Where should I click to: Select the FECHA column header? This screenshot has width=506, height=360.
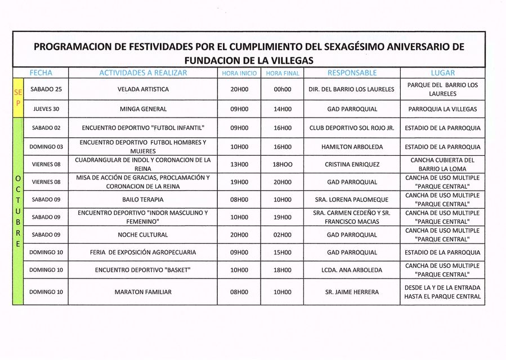click(x=41, y=73)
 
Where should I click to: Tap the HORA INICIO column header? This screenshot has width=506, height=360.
click(x=239, y=73)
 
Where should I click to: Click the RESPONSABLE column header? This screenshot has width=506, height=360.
click(x=352, y=73)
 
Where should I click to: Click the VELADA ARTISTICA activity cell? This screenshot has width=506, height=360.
click(x=143, y=89)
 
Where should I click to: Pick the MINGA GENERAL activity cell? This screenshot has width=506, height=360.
click(x=143, y=109)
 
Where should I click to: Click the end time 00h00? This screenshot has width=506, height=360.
click(x=283, y=89)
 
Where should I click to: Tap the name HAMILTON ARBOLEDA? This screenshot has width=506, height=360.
click(x=352, y=147)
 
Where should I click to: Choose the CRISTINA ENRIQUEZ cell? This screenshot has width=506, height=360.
click(x=352, y=165)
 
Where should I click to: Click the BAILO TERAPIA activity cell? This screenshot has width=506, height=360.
click(x=143, y=200)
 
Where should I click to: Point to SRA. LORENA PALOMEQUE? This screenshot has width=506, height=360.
click(x=352, y=200)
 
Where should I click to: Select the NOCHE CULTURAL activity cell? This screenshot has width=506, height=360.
click(x=143, y=235)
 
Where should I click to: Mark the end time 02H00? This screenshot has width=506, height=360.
click(x=283, y=235)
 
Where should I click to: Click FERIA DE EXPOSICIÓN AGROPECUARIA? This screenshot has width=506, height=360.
click(x=143, y=253)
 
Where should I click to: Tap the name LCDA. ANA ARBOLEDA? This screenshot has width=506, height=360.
click(x=352, y=270)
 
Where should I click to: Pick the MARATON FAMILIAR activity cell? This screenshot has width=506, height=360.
click(x=143, y=292)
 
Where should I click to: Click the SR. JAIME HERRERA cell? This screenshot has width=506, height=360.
click(x=352, y=292)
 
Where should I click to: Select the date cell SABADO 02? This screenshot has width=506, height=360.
click(x=45, y=128)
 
